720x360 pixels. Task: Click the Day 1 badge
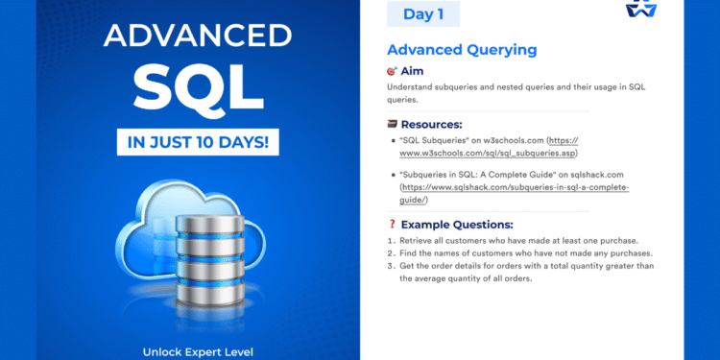[422, 14]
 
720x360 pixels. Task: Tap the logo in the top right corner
[692, 9]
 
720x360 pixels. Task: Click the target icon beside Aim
[392, 72]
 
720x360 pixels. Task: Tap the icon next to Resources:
[392, 125]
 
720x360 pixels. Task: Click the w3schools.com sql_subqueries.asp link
[490, 153]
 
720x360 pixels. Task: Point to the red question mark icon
[392, 224]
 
